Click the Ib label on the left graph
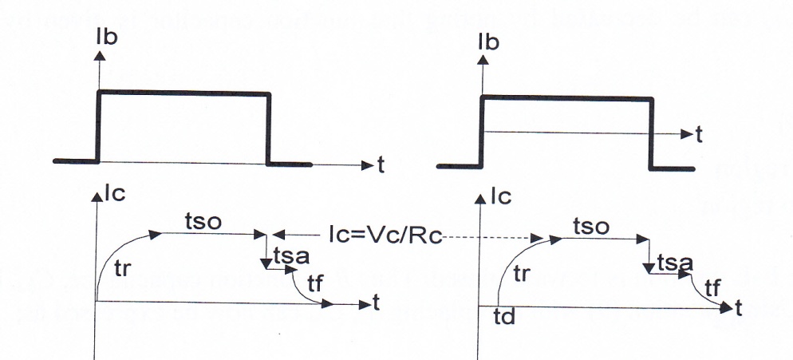106,37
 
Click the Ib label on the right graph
488,42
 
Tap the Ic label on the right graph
501,196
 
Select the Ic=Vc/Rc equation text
385,236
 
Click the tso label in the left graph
203,222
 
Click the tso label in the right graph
591,227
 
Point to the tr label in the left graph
123,269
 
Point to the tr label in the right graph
522,274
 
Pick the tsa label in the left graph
291,257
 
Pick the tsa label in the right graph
675,263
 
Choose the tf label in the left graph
314,283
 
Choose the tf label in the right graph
712,289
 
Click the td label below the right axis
504,317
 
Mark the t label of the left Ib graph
381,165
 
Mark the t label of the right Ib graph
699,135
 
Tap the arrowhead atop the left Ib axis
100,56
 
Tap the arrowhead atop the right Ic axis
480,199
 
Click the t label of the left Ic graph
376,303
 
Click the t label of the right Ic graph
739,308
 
